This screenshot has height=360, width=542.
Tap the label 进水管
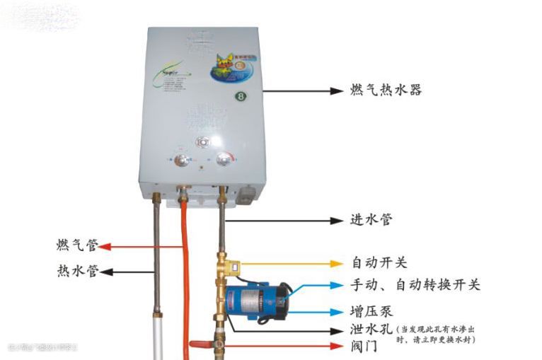(371, 220)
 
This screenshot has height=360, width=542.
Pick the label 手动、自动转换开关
(415, 285)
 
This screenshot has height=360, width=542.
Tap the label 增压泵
(371, 311)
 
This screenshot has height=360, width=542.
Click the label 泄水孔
(371, 330)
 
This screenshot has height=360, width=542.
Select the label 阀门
(364, 347)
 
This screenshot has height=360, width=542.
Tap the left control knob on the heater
(182, 161)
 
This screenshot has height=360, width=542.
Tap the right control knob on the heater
(224, 160)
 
